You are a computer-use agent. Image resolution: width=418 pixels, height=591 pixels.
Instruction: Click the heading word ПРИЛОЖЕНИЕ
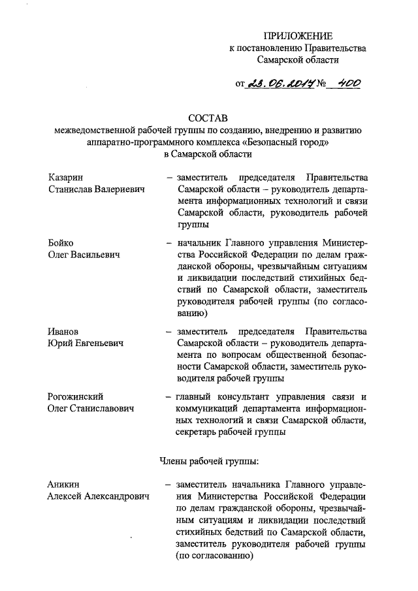[x=297, y=35]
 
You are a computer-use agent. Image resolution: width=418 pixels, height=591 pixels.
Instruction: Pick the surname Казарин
[x=66, y=178]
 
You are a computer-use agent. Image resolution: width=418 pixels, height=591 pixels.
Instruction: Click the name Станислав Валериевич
[x=96, y=189]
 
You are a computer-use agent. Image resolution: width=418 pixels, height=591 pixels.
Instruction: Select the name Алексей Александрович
[x=98, y=496]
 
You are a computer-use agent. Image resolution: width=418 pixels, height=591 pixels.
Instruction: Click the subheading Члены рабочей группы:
[x=210, y=461]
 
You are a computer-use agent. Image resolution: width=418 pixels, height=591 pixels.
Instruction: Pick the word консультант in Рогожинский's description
[x=246, y=396]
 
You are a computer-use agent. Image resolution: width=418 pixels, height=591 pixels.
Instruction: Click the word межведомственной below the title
[x=101, y=130]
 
